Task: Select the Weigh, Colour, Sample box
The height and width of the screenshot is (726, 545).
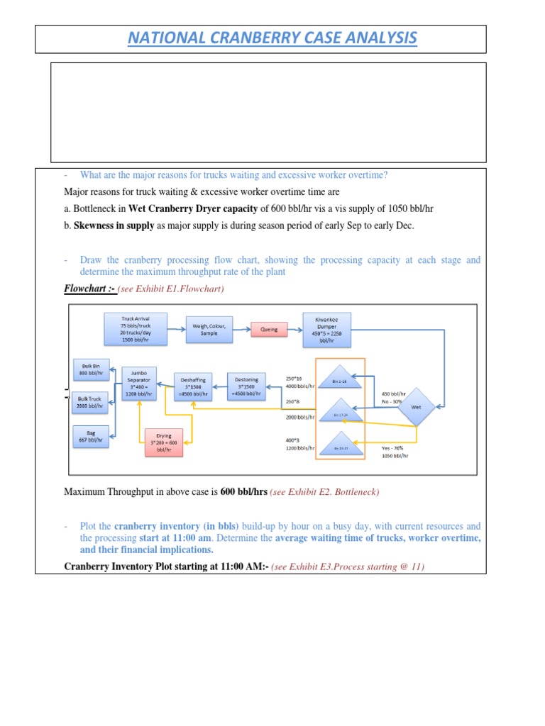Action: pyautogui.click(x=209, y=329)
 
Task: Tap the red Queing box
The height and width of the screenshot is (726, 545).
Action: pyautogui.click(x=270, y=329)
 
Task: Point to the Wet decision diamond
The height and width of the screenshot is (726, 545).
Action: pyautogui.click(x=414, y=406)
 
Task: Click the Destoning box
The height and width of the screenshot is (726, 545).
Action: pyautogui.click(x=246, y=386)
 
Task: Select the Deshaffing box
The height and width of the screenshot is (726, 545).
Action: pyautogui.click(x=193, y=386)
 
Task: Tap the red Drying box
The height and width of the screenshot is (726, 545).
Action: pyautogui.click(x=163, y=442)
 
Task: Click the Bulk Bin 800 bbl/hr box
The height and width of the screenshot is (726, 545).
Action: pyautogui.click(x=92, y=368)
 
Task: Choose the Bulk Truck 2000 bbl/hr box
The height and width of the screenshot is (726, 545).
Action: pyautogui.click(x=92, y=402)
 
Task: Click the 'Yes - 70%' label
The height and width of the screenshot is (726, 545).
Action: pyautogui.click(x=395, y=449)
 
